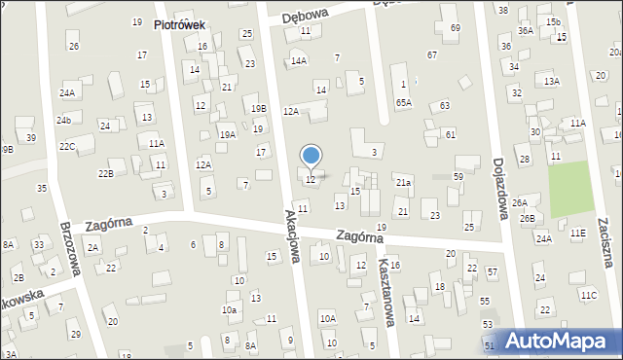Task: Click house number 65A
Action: (x=403, y=102)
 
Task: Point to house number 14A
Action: (x=298, y=60)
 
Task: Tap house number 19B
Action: (x=258, y=108)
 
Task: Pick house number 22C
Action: (x=66, y=146)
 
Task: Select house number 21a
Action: (x=403, y=182)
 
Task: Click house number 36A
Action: (x=526, y=31)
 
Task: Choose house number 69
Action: (x=456, y=27)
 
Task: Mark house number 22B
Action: (x=105, y=173)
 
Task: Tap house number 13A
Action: (x=552, y=82)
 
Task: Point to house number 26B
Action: (x=527, y=218)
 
